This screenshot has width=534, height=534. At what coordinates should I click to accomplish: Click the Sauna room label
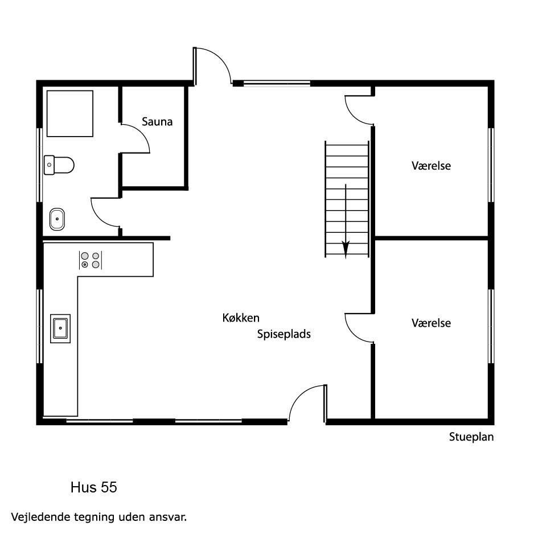pyautogui.click(x=157, y=122)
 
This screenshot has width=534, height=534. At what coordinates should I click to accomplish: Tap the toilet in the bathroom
pyautogui.click(x=59, y=165)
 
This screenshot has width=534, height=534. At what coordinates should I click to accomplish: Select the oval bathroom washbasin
pyautogui.click(x=57, y=219)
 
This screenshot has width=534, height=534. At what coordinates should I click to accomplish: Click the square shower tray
pyautogui.click(x=70, y=113)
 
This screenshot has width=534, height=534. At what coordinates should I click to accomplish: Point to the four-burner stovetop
pyautogui.click(x=91, y=260)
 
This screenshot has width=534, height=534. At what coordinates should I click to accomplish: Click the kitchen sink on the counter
pyautogui.click(x=60, y=328)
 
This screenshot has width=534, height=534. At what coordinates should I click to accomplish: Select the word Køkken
pyautogui.click(x=241, y=318)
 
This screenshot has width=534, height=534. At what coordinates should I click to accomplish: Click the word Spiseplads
pyautogui.click(x=284, y=334)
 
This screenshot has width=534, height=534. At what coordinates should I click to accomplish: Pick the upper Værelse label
pyautogui.click(x=431, y=166)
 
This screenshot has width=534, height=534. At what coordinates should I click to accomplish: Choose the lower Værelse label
pyautogui.click(x=431, y=323)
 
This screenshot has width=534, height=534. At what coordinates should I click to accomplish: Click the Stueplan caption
pyautogui.click(x=471, y=437)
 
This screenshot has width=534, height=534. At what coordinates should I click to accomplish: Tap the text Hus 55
pyautogui.click(x=94, y=487)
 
